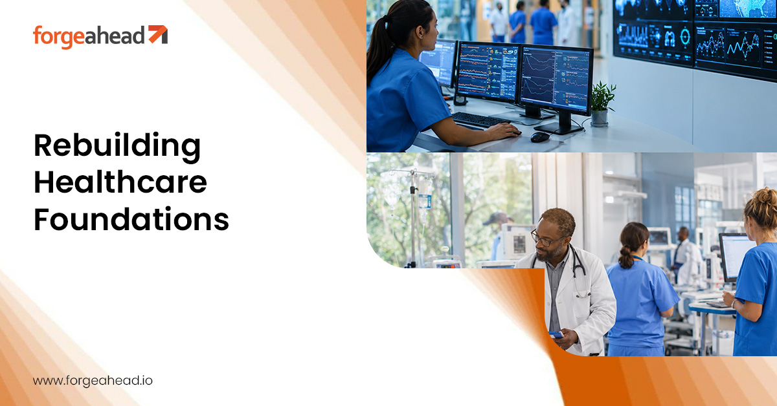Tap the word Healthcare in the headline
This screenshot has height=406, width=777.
(x=120, y=182)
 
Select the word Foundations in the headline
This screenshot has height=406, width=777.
(x=131, y=219)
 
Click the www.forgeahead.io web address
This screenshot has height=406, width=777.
(x=93, y=380)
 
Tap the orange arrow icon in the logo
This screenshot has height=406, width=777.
(x=158, y=34)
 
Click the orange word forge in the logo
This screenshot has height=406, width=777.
(x=59, y=37)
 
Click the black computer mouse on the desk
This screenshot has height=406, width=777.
(x=540, y=137)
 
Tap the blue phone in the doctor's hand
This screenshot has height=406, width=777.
(x=556, y=335)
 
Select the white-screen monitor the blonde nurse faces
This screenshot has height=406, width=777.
(x=736, y=257)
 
